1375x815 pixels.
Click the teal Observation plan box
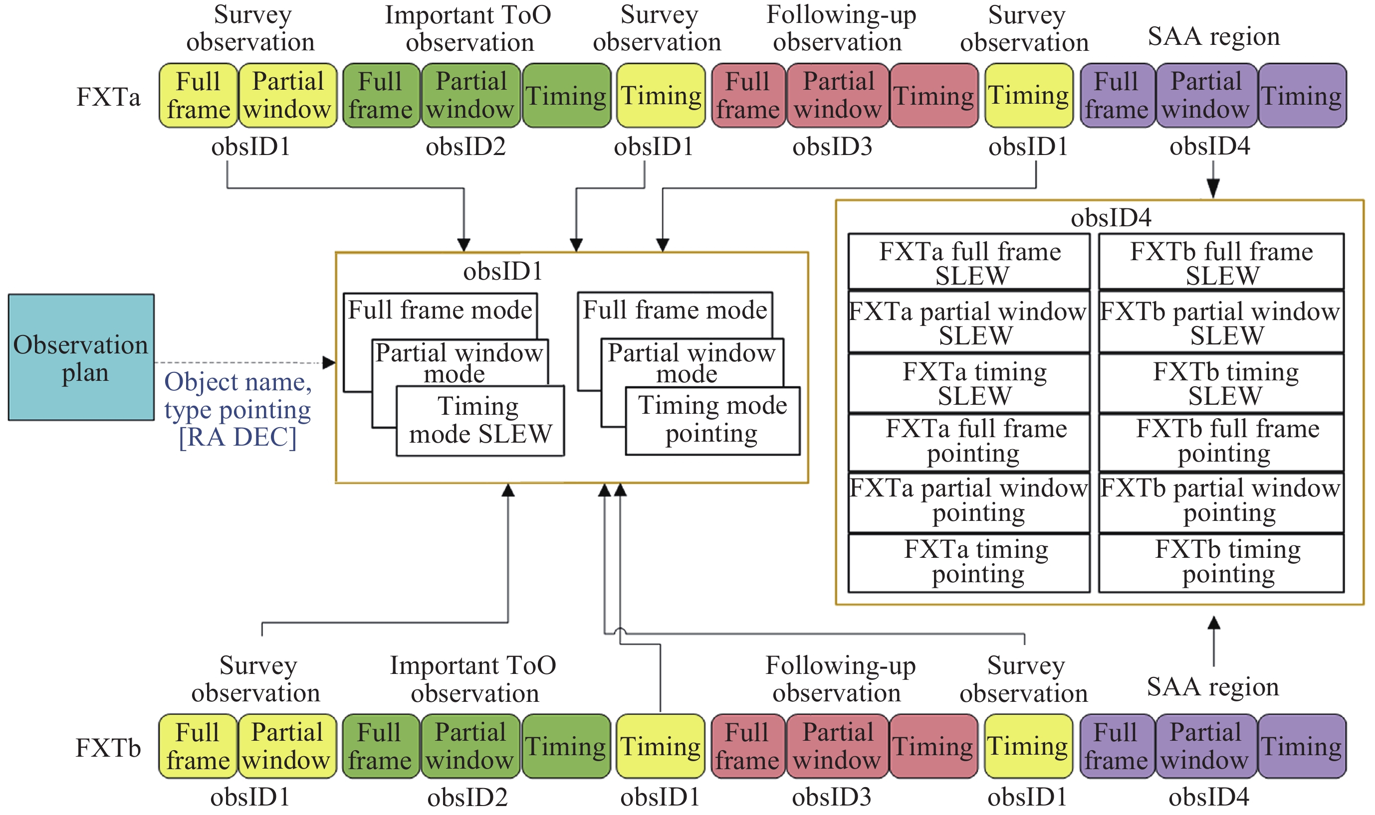coord(81,357)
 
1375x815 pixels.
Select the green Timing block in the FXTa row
coord(566,96)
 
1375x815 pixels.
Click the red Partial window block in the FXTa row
coord(838,96)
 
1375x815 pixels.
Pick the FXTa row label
coord(108,97)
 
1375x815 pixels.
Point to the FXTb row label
coord(108,747)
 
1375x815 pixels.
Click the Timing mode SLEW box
coord(480,421)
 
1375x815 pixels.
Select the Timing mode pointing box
coord(712,420)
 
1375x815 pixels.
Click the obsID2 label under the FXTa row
coord(465,147)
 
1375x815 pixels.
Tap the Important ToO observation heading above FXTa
coord(468,28)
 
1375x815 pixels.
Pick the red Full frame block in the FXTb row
coord(747,746)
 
